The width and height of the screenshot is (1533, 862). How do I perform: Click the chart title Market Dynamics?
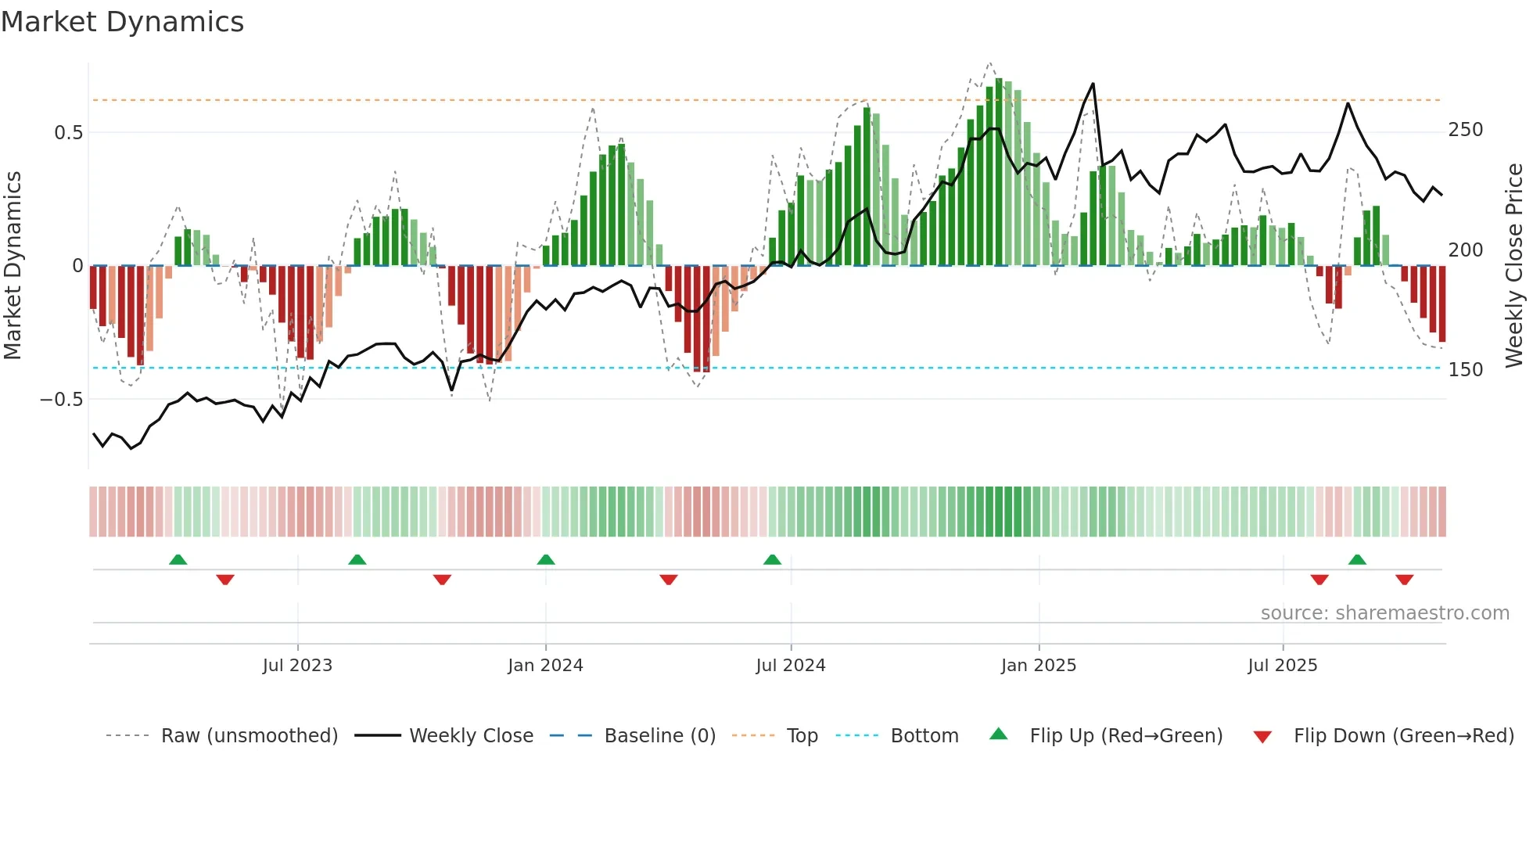pos(122,22)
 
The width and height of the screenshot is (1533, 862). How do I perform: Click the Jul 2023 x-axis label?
pos(297,666)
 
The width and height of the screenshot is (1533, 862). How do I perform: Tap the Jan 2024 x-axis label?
pos(545,666)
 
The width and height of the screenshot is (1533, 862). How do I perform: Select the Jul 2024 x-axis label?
pos(790,666)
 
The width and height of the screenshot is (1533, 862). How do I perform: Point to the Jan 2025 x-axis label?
pos(1038,666)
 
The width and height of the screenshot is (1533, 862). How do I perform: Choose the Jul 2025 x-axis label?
pos(1282,666)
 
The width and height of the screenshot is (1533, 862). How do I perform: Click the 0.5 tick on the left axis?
pos(69,133)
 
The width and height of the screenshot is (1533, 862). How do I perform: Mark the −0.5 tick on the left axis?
pos(62,400)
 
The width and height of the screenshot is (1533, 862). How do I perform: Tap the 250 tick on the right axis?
pos(1465,130)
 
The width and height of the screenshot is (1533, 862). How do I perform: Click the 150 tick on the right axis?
pos(1465,370)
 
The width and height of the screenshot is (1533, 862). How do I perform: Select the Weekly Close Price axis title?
pos(1514,266)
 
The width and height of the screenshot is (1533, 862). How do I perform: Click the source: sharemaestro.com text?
pos(1384,613)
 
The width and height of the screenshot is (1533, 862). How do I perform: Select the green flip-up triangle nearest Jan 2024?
pos(546,560)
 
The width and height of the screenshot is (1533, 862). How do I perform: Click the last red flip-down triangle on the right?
pos(1404,580)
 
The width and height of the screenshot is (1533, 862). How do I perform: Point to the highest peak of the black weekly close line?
pos(1093,84)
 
